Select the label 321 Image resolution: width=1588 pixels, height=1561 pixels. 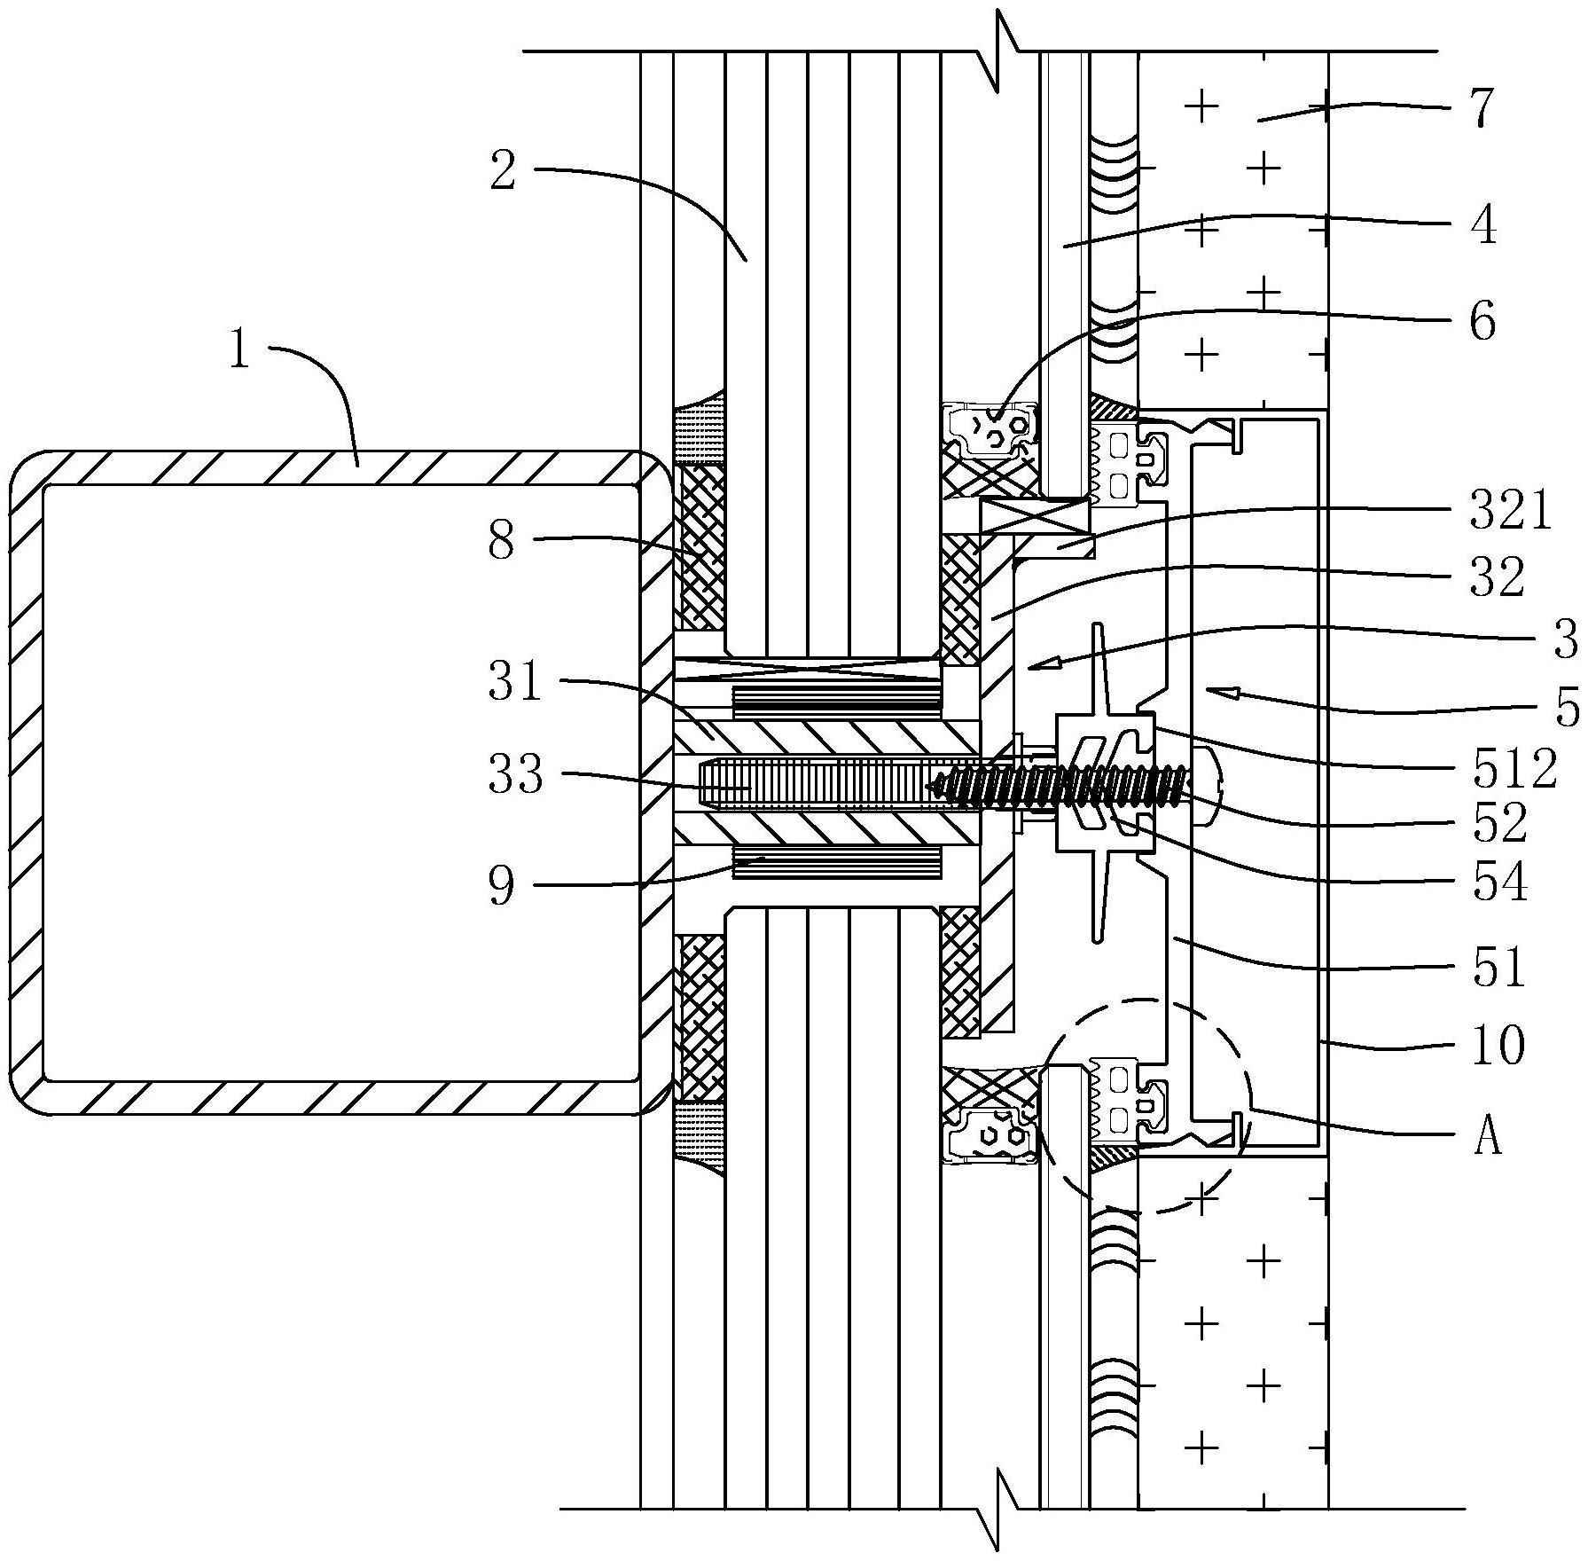(x=1511, y=513)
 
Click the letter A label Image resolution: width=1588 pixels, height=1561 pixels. (x=1488, y=1136)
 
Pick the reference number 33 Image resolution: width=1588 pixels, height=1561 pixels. (x=515, y=775)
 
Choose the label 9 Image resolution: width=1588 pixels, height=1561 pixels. (x=502, y=886)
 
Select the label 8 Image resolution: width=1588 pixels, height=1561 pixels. (x=502, y=540)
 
